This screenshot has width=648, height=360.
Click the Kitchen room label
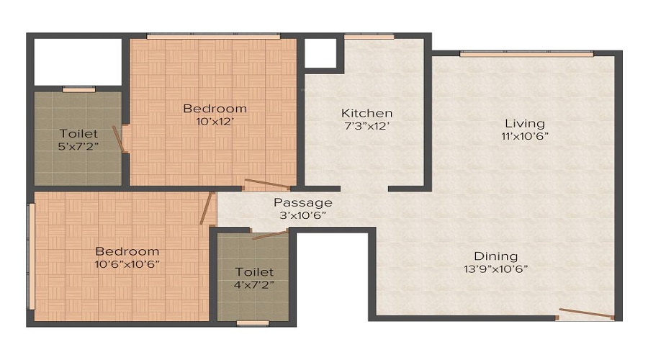[366, 113]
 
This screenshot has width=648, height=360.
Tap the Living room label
[524, 123]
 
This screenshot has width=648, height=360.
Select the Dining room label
[495, 256]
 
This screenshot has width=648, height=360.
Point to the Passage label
[302, 203]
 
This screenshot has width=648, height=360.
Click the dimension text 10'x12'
[214, 121]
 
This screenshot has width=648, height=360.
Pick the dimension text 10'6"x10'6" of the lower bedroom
[127, 264]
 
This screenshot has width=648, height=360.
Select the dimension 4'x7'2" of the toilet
[254, 284]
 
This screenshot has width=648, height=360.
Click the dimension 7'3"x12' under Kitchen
[366, 126]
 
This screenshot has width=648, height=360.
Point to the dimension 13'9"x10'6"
[495, 269]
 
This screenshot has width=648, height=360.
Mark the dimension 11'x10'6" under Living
[524, 136]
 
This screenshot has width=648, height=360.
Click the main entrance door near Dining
[586, 313]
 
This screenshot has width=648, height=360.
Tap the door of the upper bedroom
[267, 185]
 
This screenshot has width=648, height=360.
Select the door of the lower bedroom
[207, 209]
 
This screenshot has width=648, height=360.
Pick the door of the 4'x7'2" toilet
[269, 234]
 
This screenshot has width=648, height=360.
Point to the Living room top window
[526, 54]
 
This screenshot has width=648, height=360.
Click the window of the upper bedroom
[213, 35]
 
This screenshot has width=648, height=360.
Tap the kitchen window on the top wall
[369, 36]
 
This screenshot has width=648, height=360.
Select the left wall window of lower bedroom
[30, 256]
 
